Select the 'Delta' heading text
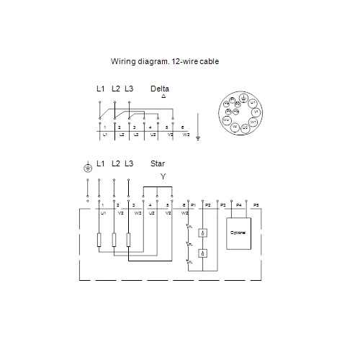coord(160,89)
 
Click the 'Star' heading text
coord(158,163)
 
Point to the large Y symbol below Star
coord(163,176)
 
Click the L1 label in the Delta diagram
coord(100,89)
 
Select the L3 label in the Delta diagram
coord(129,89)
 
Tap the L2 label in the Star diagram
coord(115,163)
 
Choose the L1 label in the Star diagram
coord(100,163)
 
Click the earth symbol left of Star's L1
coord(88,168)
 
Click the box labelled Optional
coord(238,233)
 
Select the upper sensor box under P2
coord(204,233)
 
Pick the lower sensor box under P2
coord(204,253)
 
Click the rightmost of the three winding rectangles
coord(128,240)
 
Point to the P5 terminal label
coord(256,206)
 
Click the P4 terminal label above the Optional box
coord(238,206)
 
